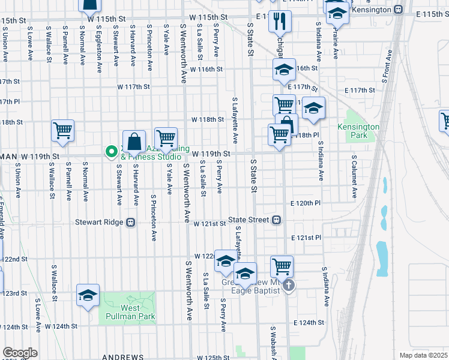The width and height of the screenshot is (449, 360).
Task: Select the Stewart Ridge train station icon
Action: [x=130, y=222]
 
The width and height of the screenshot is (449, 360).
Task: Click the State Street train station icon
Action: [x=277, y=220]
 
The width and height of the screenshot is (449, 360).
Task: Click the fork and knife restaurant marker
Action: [x=280, y=22]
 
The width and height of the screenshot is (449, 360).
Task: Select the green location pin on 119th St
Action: [x=110, y=152]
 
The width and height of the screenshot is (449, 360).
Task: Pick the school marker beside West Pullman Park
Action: [x=88, y=296]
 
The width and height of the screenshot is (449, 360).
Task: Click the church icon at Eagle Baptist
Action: [x=288, y=285]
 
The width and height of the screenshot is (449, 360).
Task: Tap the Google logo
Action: [x=20, y=352]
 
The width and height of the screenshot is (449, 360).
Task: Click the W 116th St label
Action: [x=206, y=70]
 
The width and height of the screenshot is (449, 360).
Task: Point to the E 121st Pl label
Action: [x=307, y=238]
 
